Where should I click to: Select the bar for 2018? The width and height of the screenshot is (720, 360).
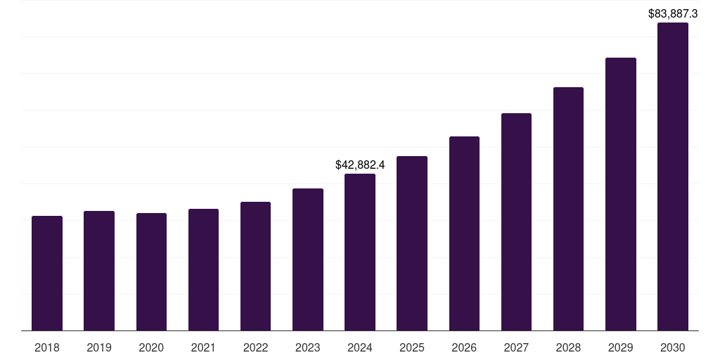click(x=47, y=274)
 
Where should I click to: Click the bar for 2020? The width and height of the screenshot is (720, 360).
click(x=151, y=272)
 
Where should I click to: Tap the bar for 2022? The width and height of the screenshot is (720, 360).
click(x=255, y=266)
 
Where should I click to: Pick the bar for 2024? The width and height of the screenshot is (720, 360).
click(x=360, y=252)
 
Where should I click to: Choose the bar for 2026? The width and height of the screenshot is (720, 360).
click(x=464, y=233)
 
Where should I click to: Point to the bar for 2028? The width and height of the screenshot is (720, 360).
click(x=568, y=209)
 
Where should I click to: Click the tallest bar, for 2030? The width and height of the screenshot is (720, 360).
click(x=673, y=176)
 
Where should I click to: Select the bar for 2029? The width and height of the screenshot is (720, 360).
click(x=621, y=194)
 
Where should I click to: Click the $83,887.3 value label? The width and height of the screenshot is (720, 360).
click(x=673, y=13)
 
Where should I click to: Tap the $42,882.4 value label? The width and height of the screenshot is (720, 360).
click(x=360, y=165)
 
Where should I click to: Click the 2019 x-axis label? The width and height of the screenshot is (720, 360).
click(x=99, y=347)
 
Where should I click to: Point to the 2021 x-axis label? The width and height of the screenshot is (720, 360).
click(x=203, y=347)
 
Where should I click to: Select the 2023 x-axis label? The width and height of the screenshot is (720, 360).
click(x=308, y=347)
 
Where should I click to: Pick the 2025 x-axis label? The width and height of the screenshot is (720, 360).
click(x=412, y=347)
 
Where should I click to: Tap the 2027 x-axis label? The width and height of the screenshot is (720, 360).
click(x=516, y=347)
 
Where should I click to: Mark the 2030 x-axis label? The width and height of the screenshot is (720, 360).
click(x=673, y=347)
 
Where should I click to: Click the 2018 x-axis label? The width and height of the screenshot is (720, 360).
click(x=47, y=347)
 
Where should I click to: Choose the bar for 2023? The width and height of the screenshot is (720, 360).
click(x=308, y=259)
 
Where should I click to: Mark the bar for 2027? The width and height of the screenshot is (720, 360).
click(x=516, y=222)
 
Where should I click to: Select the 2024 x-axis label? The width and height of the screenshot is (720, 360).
click(x=360, y=347)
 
